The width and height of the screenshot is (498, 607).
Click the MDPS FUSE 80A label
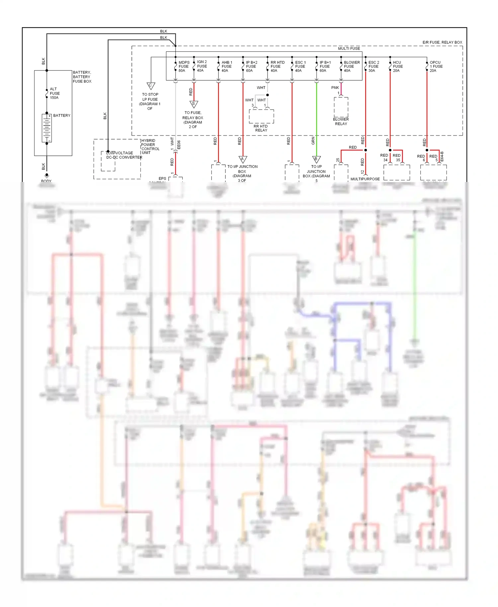184,66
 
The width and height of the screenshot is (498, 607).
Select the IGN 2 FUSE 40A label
202,66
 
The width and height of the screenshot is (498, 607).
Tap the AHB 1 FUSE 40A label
227,66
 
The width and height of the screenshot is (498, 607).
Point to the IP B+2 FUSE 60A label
251,66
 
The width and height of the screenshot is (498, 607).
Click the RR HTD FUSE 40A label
277,66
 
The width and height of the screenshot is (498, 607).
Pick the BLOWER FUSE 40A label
352,66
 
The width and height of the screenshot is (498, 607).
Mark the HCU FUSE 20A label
397,66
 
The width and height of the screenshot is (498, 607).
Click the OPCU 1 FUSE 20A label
436,66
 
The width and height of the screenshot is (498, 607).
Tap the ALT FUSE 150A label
54,93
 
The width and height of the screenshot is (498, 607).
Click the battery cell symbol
47,128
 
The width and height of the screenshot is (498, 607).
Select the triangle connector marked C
151,86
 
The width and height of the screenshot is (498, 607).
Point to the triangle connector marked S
194,104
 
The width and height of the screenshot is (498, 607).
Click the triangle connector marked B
316,159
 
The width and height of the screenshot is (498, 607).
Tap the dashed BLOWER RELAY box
341,107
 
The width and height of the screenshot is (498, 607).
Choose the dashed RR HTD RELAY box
261,116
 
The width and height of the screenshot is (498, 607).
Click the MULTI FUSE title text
349,48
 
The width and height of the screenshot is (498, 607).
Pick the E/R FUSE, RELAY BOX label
442,42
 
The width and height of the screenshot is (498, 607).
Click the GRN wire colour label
313,141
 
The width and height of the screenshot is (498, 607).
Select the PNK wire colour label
335,88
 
